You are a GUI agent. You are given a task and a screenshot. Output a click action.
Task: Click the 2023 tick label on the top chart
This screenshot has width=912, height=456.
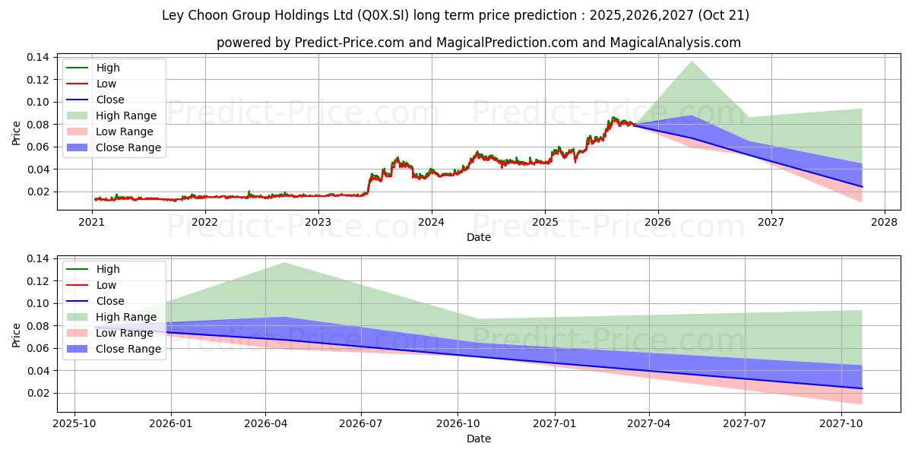(318, 222)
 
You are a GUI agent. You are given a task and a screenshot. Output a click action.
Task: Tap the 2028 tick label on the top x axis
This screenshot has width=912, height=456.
(885, 222)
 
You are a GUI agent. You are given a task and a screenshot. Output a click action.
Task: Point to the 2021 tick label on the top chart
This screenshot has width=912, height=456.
(91, 222)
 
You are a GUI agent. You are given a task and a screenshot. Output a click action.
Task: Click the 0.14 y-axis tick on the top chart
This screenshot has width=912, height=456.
(38, 57)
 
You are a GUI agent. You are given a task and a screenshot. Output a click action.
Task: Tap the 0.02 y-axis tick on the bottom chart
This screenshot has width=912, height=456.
(38, 393)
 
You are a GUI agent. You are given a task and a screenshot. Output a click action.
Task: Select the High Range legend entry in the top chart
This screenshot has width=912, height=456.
(126, 116)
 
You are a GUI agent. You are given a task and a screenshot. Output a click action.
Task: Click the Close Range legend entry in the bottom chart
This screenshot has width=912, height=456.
(128, 349)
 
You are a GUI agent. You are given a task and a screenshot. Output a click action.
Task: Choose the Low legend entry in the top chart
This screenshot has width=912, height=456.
(106, 84)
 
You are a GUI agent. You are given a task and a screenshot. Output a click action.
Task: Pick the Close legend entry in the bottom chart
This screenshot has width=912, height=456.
(110, 301)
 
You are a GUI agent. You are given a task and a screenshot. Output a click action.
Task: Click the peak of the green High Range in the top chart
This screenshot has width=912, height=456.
(692, 62)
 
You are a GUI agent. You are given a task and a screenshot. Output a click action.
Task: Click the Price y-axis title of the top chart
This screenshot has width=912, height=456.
(17, 133)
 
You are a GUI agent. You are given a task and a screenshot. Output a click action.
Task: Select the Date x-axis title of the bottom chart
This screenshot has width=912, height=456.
(479, 439)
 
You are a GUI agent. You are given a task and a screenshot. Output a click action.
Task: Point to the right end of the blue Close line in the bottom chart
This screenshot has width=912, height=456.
(863, 388)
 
